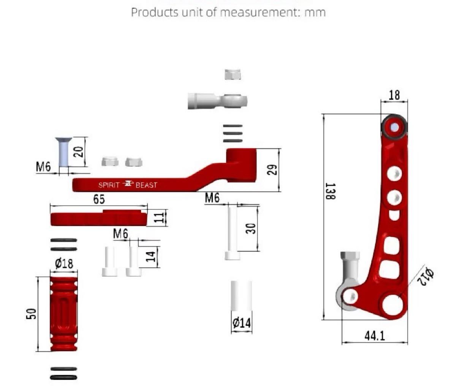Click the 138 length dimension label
pyautogui.click(x=330, y=191)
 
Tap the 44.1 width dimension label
pyautogui.click(x=375, y=336)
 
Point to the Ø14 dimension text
pyautogui.click(x=242, y=323)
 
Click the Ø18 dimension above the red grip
pyautogui.click(x=64, y=263)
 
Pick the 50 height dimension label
pyautogui.click(x=31, y=314)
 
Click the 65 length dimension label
pyautogui.click(x=99, y=199)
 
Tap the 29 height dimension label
pyautogui.click(x=272, y=169)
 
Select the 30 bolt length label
pyautogui.click(x=251, y=229)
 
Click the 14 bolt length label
pyautogui.click(x=151, y=256)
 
